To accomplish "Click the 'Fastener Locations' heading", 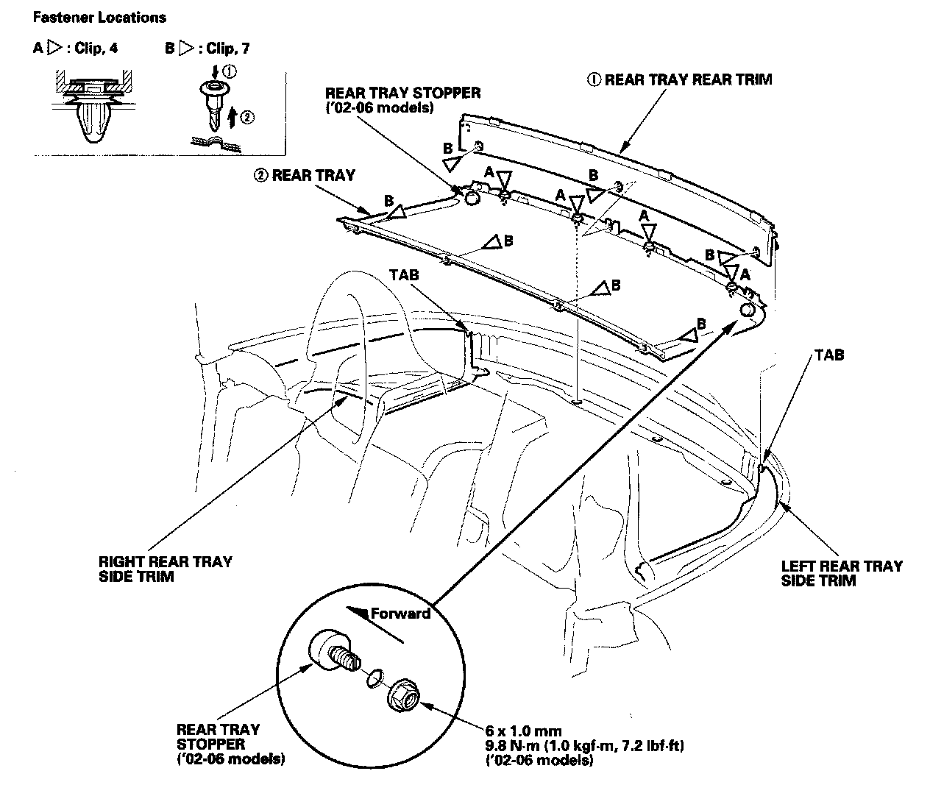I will pos(99,18).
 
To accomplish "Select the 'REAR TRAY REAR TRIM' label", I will pos(680,79).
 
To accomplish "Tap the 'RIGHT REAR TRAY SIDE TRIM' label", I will pos(165,569).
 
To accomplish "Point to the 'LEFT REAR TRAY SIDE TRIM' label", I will pos(841,573).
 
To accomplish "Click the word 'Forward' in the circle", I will pos(400,613).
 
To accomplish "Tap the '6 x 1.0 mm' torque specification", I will pos(523,731).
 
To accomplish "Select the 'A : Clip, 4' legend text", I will pos(75,49).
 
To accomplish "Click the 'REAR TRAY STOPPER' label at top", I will pos(402,99).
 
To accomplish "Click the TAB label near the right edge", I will pos(829,355).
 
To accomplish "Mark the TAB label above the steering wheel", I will pos(404,274).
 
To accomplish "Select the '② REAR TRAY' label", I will pos(304,176).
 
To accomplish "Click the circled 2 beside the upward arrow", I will pos(248,116).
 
